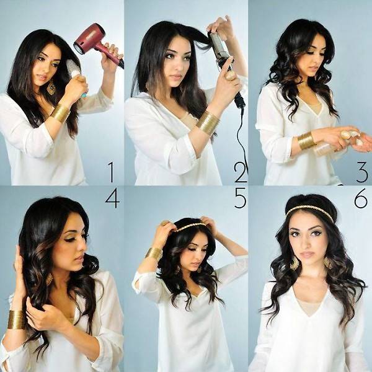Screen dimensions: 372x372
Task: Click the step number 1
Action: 111,172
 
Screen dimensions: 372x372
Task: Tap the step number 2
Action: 240,172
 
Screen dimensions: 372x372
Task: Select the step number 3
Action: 362,172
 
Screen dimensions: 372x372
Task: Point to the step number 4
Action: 112,198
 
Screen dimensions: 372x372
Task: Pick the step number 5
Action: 241,198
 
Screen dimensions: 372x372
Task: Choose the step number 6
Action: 361,198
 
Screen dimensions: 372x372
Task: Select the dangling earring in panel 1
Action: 51,88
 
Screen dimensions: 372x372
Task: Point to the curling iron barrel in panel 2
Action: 219,48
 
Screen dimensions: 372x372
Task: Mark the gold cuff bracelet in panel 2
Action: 208,123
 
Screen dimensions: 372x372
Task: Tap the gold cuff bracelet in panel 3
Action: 306,141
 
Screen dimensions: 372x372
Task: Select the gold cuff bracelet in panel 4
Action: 16,319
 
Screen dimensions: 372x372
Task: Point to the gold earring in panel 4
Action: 50,279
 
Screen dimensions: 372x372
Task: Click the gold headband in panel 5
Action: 190,227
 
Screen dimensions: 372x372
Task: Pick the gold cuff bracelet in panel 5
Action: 154,253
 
